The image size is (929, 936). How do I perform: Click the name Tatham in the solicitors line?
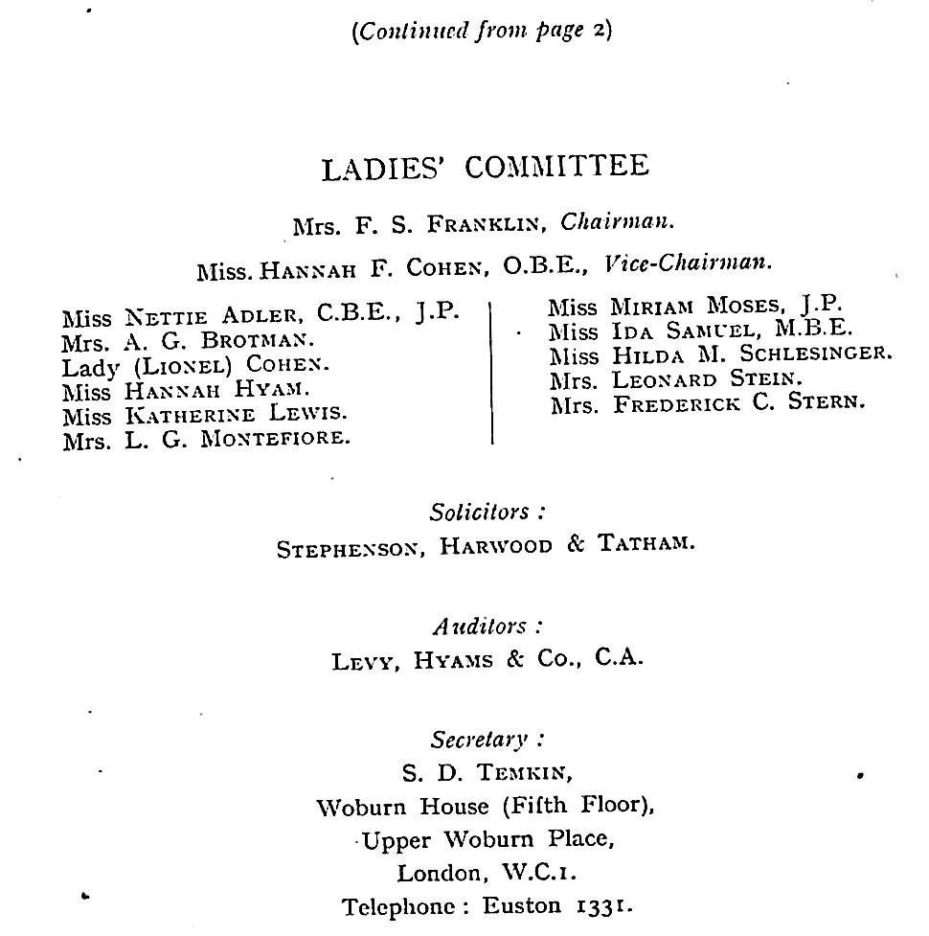pos(646,544)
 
